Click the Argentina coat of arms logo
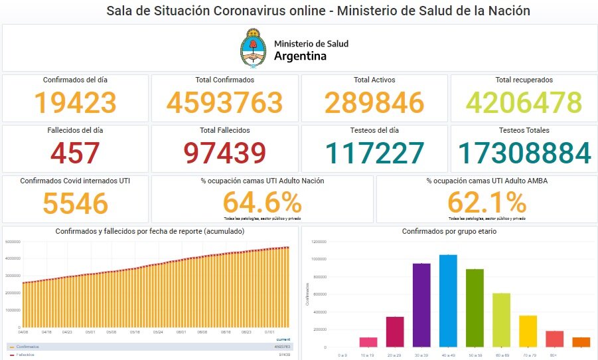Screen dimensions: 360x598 tap(253, 48)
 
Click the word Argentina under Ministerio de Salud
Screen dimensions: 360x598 tap(300, 56)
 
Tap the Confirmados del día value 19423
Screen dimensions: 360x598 tap(75, 102)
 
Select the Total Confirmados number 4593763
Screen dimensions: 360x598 tap(225, 102)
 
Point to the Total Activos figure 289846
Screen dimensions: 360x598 tap(374, 102)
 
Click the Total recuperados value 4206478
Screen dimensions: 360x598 tap(524, 102)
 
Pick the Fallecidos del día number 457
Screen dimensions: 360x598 tap(75, 153)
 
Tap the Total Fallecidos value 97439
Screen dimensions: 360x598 tap(225, 153)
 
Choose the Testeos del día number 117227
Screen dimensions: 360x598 tap(374, 153)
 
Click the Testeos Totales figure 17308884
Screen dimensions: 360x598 tap(524, 153)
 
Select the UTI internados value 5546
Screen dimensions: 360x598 tap(75, 203)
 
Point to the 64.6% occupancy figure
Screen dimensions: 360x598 tap(262, 202)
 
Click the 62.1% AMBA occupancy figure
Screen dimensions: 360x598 tap(486, 202)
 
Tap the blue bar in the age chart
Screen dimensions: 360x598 tap(448, 300)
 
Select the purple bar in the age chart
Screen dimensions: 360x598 tap(421, 305)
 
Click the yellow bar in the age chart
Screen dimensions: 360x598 tap(528, 331)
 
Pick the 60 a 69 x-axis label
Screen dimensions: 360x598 tap(501, 356)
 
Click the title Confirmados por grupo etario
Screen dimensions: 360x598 tap(449, 231)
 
